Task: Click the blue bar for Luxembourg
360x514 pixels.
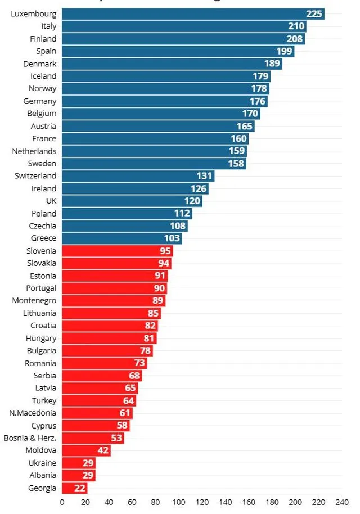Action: tap(191, 14)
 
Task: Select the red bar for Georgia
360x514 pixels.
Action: tap(74, 488)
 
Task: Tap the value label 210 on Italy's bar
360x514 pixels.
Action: tap(296, 26)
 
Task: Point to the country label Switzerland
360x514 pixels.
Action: tap(35, 176)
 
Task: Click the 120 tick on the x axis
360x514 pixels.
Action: tap(202, 502)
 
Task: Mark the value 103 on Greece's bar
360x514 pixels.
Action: tap(172, 238)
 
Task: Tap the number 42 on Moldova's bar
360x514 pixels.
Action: tap(101, 450)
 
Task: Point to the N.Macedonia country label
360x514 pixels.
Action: tap(33, 413)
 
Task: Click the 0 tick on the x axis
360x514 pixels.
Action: tap(62, 502)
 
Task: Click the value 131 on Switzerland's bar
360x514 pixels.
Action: tap(204, 176)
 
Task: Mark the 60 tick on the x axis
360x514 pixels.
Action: tap(132, 502)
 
